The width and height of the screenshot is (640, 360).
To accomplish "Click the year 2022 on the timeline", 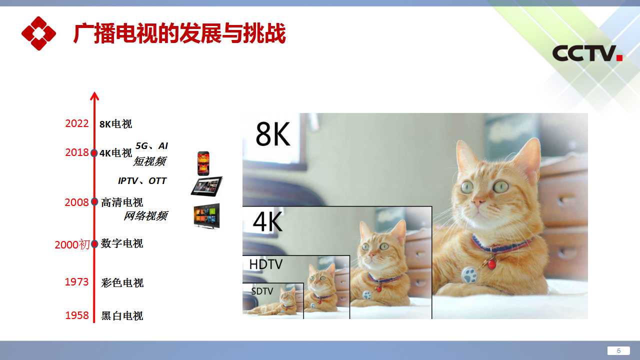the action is (77, 123).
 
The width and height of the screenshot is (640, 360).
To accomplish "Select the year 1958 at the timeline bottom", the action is (77, 315).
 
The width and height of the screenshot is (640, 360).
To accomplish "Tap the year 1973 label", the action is (77, 282).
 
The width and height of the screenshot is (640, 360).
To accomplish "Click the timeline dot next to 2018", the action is (94, 153).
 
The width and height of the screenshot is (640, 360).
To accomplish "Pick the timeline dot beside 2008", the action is (94, 201).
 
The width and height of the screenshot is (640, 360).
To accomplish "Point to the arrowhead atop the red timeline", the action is (94, 96).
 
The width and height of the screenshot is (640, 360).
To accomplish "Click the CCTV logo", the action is (587, 53).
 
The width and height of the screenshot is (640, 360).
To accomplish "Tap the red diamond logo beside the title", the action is (38, 33).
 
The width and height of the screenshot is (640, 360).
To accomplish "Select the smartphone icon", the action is (203, 163).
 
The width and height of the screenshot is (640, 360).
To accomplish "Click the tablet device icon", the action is (206, 186).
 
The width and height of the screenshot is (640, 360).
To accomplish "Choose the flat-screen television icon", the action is (206, 215).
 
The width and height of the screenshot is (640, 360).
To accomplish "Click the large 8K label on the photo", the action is (273, 134).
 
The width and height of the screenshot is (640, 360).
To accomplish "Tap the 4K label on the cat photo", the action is (267, 221).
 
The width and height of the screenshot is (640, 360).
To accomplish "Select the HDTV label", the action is (265, 264).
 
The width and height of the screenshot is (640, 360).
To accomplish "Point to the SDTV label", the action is (262, 291).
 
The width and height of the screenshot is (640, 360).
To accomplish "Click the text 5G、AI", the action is (151, 146).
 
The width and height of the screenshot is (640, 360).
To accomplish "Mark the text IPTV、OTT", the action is (142, 181).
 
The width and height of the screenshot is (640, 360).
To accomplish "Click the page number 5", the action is (619, 350).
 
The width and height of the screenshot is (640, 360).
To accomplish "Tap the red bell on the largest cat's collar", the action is (491, 264).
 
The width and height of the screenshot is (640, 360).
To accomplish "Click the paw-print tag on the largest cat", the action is (469, 275).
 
